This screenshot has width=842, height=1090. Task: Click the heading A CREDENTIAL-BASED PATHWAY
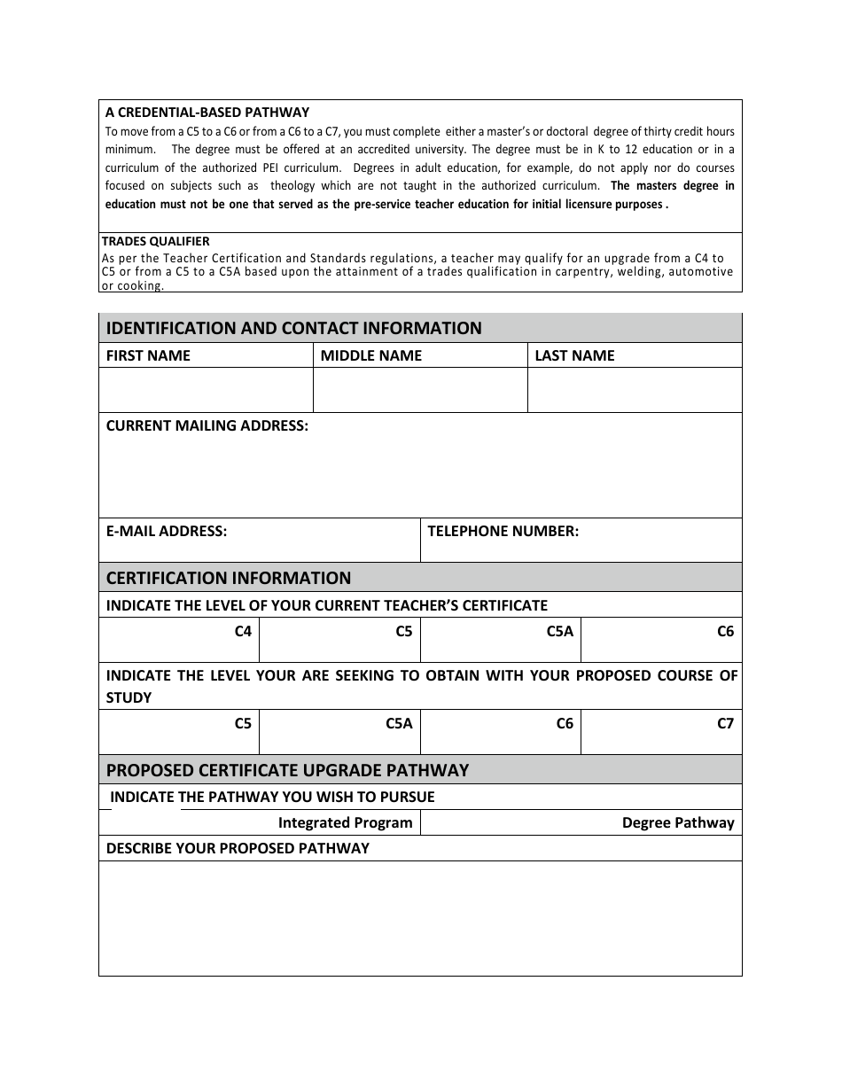[207, 113]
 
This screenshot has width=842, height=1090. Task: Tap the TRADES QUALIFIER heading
[155, 241]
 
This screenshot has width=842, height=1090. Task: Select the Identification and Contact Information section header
[293, 328]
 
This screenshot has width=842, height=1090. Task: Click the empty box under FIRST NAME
[206, 390]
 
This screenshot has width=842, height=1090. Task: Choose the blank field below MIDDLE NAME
[420, 390]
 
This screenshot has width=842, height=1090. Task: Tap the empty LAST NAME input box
[635, 390]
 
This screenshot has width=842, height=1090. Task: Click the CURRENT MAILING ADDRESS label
[207, 425]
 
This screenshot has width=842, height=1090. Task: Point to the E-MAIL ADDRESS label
[167, 531]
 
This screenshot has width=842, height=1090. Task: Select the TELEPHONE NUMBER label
[503, 531]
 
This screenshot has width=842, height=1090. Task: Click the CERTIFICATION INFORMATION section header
[229, 578]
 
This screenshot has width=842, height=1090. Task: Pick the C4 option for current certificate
[243, 632]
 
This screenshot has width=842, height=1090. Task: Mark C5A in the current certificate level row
[559, 632]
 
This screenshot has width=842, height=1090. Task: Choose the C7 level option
[725, 723]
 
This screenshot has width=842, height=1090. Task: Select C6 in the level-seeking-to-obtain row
[565, 723]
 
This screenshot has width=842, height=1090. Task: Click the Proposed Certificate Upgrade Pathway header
[287, 770]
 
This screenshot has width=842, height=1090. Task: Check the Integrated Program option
[345, 822]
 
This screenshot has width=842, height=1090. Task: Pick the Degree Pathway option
[678, 822]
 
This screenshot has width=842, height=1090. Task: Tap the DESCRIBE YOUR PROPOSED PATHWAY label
[238, 848]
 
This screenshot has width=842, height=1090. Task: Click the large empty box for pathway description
[420, 918]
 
